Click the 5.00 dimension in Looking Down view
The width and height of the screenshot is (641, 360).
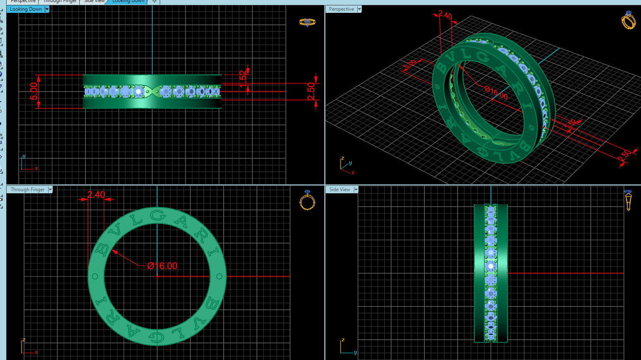(x=34, y=91)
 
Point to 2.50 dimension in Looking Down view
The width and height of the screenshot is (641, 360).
(x=311, y=92)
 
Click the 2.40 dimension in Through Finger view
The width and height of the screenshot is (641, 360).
(x=96, y=195)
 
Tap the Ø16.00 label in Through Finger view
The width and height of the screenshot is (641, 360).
(x=162, y=266)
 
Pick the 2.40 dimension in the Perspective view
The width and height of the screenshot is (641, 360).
(x=445, y=16)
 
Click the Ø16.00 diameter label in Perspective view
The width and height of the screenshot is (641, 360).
(x=496, y=92)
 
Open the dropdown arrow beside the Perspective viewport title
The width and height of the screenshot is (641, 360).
(x=359, y=9)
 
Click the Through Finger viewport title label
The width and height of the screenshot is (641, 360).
(x=27, y=190)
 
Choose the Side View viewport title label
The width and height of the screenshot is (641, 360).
(x=339, y=190)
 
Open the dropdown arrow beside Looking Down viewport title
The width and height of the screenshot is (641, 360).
(x=47, y=9)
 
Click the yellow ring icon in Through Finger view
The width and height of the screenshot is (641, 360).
(x=307, y=200)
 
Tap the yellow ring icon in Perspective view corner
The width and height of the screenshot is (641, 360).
(x=629, y=20)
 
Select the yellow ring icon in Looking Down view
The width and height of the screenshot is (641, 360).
(x=307, y=22)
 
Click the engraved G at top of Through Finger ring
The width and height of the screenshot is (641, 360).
(x=158, y=215)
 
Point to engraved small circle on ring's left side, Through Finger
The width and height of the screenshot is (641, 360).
(x=95, y=276)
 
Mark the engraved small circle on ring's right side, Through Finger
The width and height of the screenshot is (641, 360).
(x=219, y=276)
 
